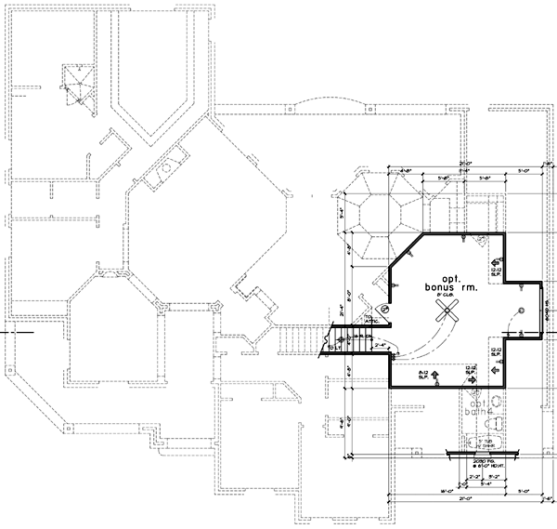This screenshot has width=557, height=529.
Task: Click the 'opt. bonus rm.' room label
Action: [451, 284]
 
